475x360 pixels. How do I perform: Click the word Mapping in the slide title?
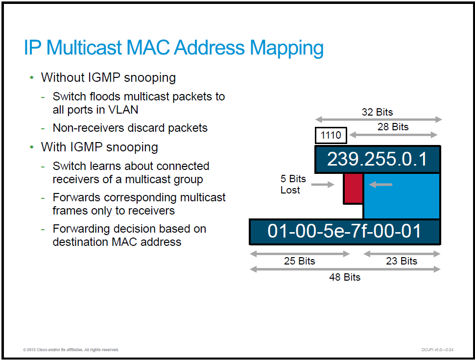[x=286, y=48]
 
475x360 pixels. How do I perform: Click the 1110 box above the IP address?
[x=331, y=135]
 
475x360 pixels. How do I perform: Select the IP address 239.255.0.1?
[x=377, y=159]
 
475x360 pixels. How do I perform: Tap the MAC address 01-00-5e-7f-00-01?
[x=344, y=231]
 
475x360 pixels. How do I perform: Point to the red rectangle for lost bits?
[x=353, y=188]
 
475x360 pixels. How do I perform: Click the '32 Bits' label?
[x=377, y=112]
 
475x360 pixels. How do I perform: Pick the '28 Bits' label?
[x=393, y=127]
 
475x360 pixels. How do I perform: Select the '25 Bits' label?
[x=299, y=261]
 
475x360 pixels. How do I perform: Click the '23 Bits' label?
[x=402, y=261]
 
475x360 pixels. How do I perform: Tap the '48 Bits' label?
[x=345, y=277]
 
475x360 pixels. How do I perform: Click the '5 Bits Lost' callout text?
[x=293, y=184]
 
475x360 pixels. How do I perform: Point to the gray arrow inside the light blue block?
[x=380, y=184]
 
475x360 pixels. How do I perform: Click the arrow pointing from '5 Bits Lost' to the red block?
[x=323, y=184]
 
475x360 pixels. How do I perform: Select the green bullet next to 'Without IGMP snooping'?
[x=32, y=78]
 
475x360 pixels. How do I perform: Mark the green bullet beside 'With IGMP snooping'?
[x=32, y=147]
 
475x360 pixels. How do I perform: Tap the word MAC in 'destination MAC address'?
[x=124, y=242]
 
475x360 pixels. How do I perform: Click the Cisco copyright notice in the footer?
[x=71, y=350]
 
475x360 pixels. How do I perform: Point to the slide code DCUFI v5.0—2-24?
[x=437, y=350]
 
